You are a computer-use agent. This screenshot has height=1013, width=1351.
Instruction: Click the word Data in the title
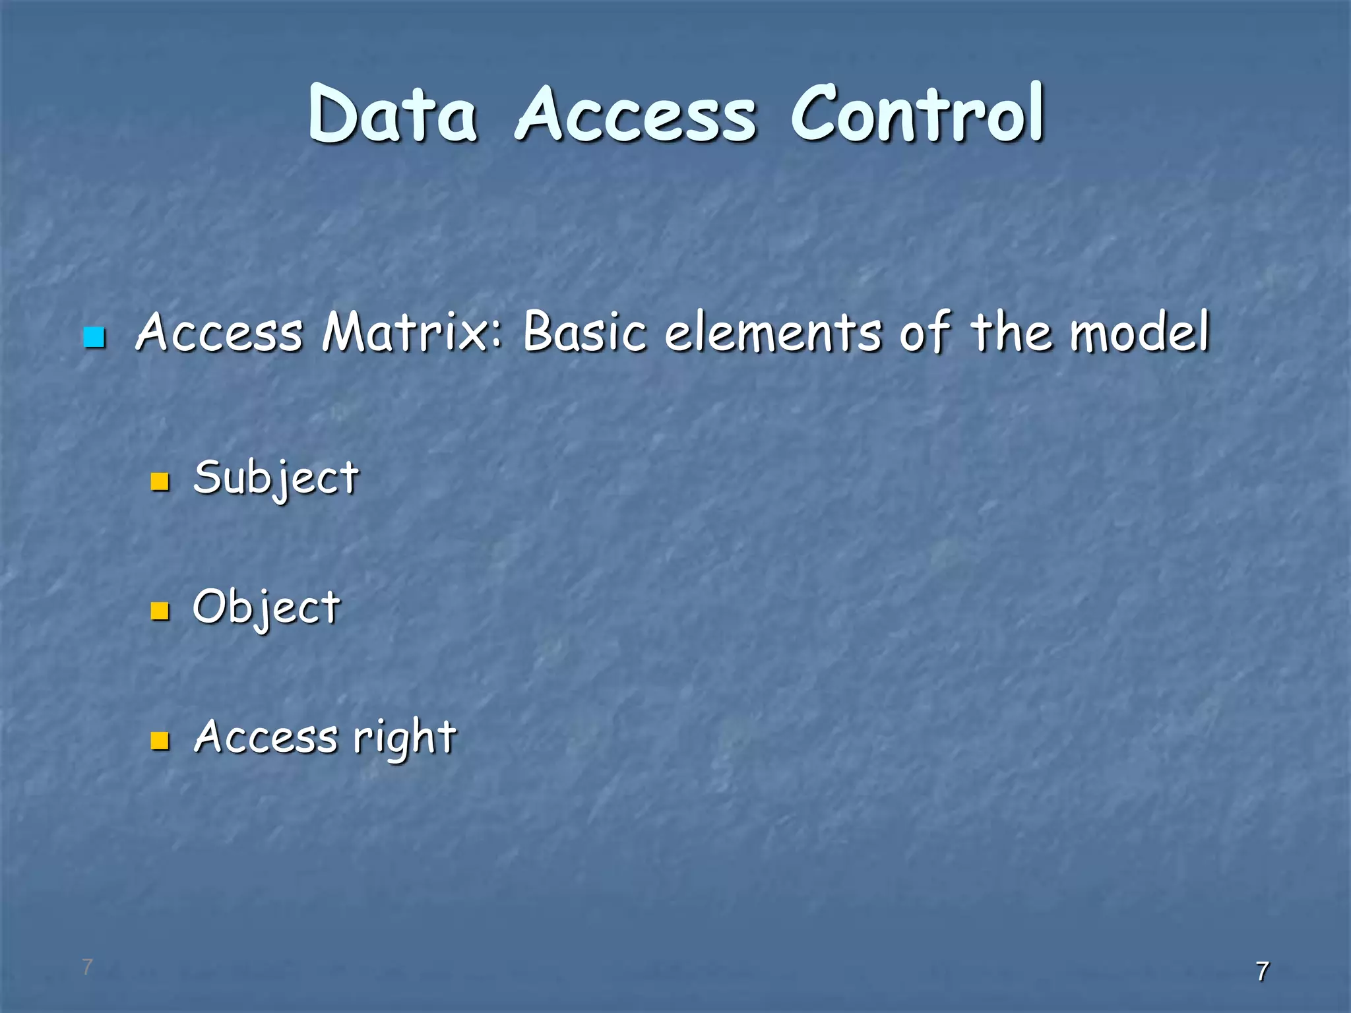tap(393, 115)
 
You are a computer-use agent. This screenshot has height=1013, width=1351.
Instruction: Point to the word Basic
tap(584, 331)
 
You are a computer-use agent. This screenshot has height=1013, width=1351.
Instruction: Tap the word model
tap(1140, 331)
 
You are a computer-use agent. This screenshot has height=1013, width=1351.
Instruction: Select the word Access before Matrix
tap(219, 332)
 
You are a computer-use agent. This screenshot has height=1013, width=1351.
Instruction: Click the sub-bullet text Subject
tap(276, 478)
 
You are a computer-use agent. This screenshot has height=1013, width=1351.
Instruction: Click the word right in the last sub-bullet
tap(404, 737)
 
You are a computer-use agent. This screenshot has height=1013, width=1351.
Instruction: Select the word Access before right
tap(265, 737)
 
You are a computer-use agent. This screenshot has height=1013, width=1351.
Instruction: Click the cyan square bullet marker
tap(94, 337)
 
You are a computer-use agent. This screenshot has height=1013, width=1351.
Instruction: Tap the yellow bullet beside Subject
tap(160, 481)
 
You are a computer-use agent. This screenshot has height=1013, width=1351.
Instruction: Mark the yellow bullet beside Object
tap(160, 611)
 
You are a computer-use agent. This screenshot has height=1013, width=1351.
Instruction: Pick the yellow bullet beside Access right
tap(160, 741)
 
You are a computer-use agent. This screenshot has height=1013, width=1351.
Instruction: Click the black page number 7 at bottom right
tap(1262, 971)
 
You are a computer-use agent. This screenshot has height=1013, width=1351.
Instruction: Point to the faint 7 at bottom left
tap(87, 967)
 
